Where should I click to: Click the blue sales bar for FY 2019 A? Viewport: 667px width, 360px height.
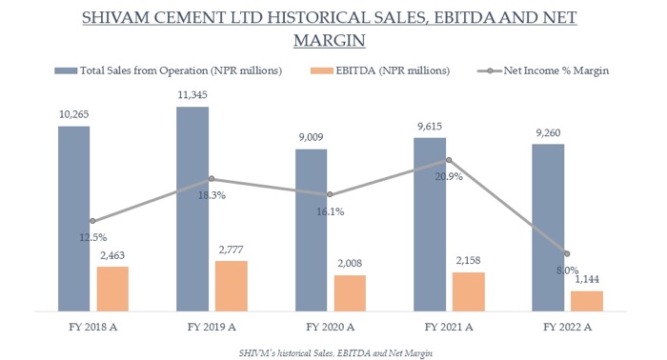tap(192, 209)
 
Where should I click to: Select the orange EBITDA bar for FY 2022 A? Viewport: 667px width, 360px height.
tap(586, 300)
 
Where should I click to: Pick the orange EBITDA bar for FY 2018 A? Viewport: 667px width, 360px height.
tap(112, 288)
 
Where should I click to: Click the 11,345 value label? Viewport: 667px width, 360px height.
tap(192, 94)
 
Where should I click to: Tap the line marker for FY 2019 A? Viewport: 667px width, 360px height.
tap(212, 178)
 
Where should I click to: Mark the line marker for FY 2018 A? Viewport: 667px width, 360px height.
tap(92, 221)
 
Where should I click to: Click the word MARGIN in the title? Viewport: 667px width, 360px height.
tap(333, 41)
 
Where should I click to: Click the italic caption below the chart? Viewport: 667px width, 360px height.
tap(333, 350)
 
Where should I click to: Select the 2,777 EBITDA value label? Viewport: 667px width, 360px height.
tap(232, 250)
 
